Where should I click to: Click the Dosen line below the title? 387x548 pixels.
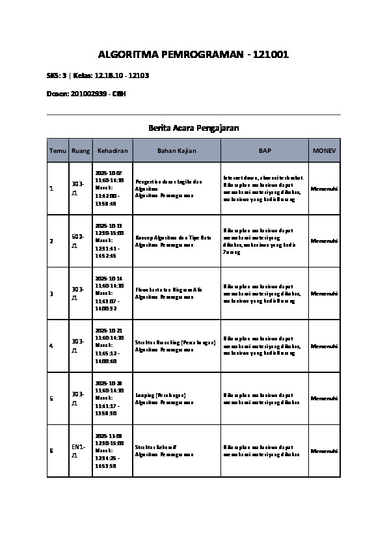coord(86,94)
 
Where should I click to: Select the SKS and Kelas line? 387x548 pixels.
coord(98,75)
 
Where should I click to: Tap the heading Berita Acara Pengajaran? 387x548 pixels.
coord(193,128)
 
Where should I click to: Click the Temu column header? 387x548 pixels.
coord(58,150)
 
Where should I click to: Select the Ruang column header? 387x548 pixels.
coord(81,150)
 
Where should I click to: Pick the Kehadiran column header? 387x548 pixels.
coord(113,150)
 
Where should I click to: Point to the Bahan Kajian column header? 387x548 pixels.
coord(176,150)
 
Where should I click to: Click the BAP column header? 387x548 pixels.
coord(265,150)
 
